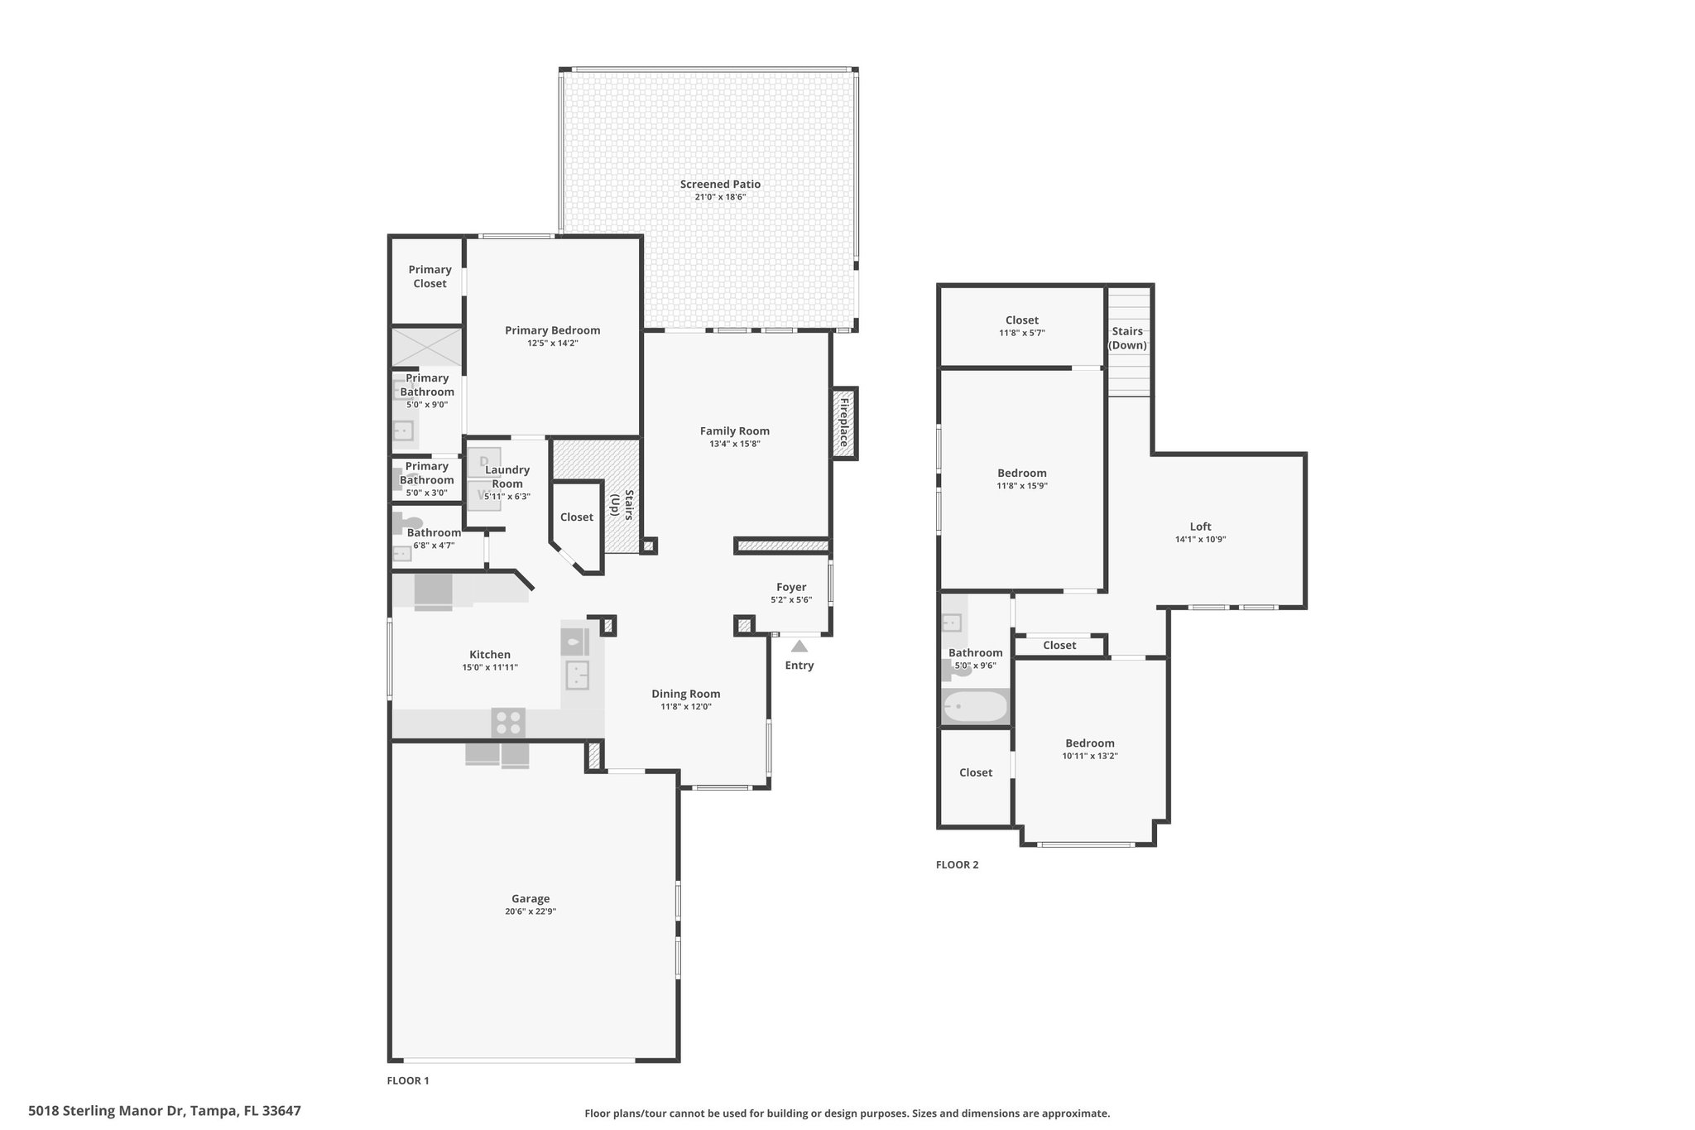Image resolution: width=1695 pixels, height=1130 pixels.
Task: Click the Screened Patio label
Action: pyautogui.click(x=720, y=185)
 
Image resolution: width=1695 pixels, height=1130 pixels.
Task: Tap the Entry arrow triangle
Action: pyautogui.click(x=799, y=647)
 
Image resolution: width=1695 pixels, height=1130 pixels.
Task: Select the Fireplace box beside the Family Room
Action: pyautogui.click(x=845, y=423)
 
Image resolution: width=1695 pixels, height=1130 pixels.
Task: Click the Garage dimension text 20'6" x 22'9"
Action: pyautogui.click(x=531, y=911)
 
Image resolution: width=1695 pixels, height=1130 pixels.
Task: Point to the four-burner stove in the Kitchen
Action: pyautogui.click(x=508, y=723)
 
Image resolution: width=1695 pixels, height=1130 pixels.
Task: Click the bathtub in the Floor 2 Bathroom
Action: pyautogui.click(x=976, y=707)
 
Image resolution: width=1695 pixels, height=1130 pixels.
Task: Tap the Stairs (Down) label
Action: pyautogui.click(x=1128, y=338)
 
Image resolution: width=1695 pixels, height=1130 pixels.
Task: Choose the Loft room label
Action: pyautogui.click(x=1201, y=527)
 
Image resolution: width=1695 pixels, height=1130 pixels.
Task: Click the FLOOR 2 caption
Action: pyautogui.click(x=957, y=865)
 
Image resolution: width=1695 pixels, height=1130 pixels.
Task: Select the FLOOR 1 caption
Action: pyautogui.click(x=408, y=1080)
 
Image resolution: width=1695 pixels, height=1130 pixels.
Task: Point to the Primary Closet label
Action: pyautogui.click(x=430, y=276)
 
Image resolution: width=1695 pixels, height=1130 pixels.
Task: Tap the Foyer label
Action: pyautogui.click(x=791, y=587)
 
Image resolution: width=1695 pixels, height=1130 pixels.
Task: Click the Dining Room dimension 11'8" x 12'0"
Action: pyautogui.click(x=686, y=707)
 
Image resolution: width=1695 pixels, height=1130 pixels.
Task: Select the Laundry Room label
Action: pyautogui.click(x=507, y=477)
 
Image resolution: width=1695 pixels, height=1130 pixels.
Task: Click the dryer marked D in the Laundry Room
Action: pyautogui.click(x=484, y=462)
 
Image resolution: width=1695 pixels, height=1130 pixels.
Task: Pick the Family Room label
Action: pyautogui.click(x=735, y=430)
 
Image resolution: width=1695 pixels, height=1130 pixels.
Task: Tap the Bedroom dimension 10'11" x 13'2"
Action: pyautogui.click(x=1090, y=756)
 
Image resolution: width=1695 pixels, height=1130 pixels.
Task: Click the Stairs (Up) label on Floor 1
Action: pyautogui.click(x=622, y=503)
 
